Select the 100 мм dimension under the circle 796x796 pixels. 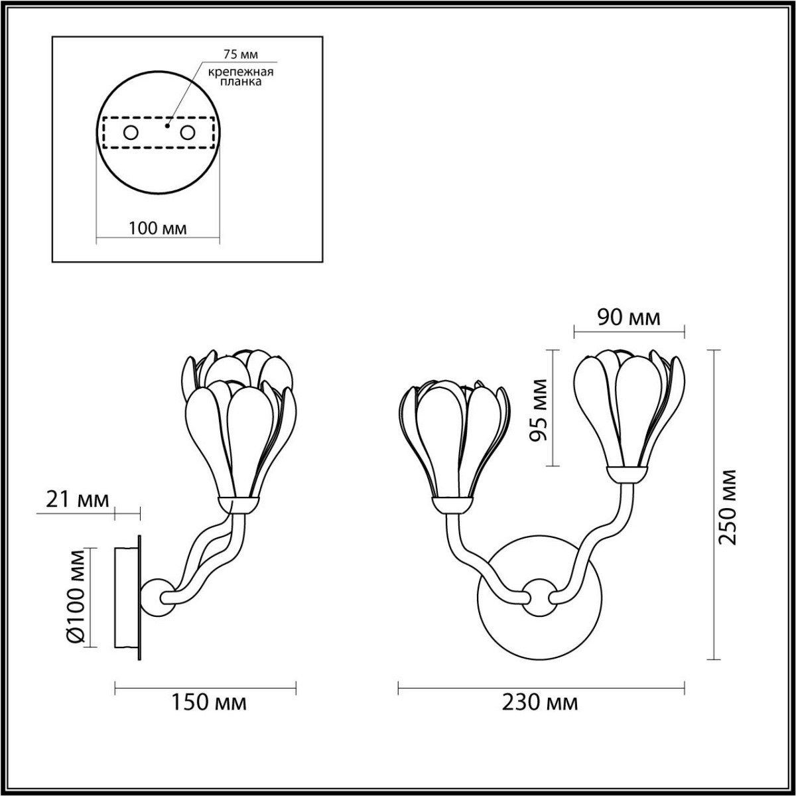[x=157, y=229]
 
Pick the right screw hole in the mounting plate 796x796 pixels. [x=188, y=133]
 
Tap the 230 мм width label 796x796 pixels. [x=539, y=702]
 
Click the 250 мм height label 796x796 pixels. [x=729, y=506]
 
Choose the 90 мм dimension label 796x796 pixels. [x=629, y=318]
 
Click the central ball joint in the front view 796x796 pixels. [x=538, y=594]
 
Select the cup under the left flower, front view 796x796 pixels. [x=452, y=506]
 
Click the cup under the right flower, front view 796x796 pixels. [x=627, y=472]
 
